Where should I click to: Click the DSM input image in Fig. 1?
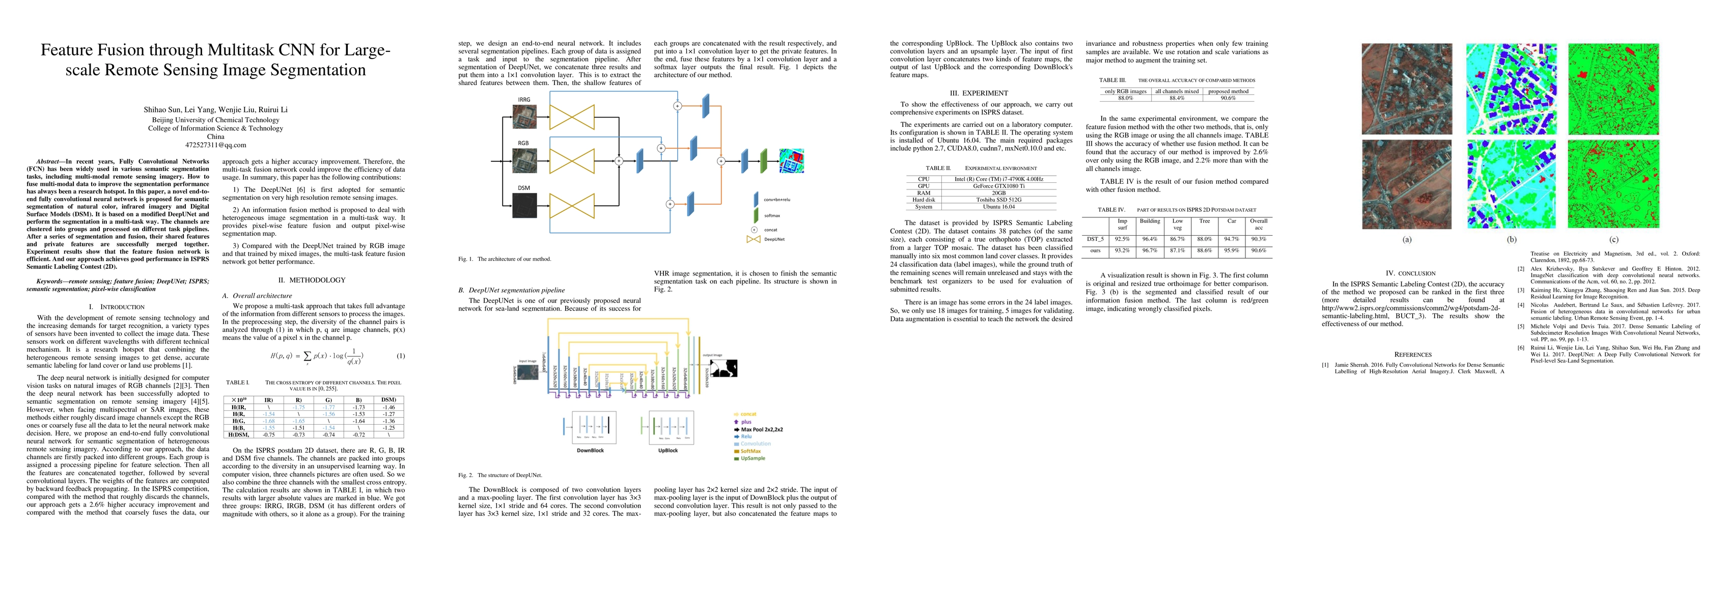(524, 205)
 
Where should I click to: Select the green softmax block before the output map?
(763, 160)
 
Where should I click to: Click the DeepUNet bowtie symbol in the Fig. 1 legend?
(753, 239)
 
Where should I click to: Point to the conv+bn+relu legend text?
(777, 199)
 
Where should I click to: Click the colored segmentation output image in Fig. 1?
(791, 161)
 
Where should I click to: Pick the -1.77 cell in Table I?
(328, 407)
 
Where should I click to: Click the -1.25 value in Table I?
(387, 428)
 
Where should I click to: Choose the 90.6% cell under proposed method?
(1228, 98)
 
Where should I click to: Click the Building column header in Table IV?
(1150, 220)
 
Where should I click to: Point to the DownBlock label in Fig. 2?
(590, 451)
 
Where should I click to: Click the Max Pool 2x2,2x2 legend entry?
(762, 429)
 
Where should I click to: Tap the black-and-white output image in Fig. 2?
(723, 368)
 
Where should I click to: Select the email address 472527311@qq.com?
(215, 145)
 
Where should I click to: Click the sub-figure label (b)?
(1512, 239)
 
